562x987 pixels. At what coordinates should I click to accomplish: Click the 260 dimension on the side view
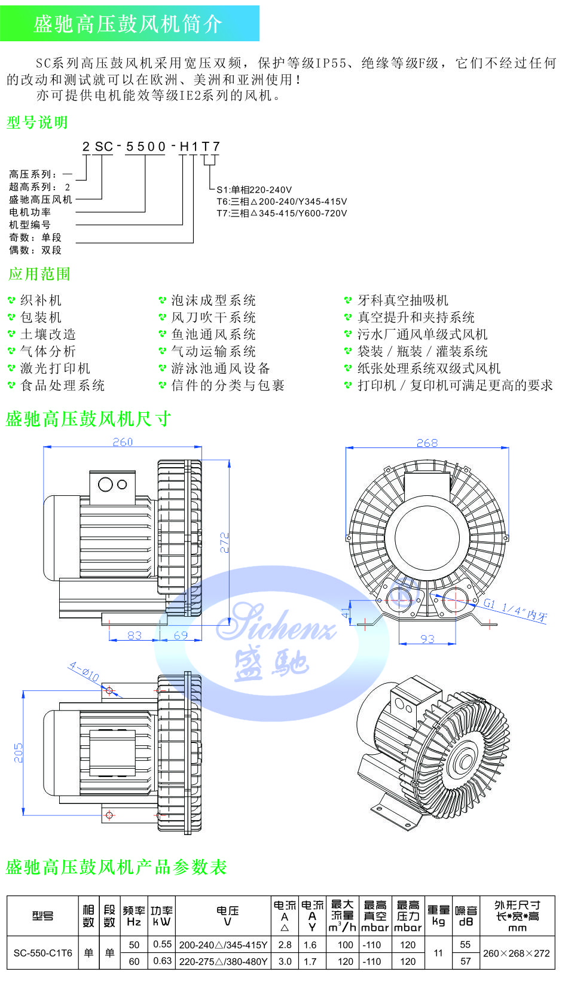[123, 441]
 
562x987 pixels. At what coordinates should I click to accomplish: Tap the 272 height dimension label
[225, 543]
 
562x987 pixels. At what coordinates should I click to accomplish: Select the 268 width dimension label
[427, 443]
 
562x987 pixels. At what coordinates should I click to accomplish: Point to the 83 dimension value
[135, 635]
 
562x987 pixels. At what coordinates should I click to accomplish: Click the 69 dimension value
[181, 635]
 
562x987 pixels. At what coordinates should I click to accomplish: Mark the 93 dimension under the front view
[427, 638]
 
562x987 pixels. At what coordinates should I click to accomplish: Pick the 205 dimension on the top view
[18, 753]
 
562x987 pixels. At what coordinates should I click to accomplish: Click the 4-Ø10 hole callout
[84, 671]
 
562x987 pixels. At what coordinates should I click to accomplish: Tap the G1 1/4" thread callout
[515, 610]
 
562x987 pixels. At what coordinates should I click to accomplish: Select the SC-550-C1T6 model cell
[42, 953]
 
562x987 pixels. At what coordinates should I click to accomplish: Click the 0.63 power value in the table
[162, 961]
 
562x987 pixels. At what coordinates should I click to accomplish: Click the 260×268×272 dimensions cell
[517, 953]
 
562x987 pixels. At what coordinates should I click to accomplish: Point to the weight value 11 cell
[438, 953]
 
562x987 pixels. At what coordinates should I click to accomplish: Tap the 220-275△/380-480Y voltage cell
[223, 961]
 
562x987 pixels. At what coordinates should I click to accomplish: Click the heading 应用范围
[39, 273]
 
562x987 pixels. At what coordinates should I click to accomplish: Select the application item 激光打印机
[56, 368]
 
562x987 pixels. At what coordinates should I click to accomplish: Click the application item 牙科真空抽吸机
[403, 300]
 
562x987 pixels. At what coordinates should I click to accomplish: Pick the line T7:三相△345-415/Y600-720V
[282, 214]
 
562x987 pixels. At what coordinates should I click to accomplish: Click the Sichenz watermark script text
[277, 622]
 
